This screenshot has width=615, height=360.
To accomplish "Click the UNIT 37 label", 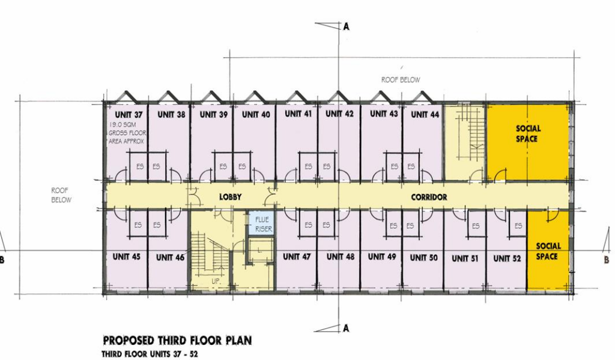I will [x=129, y=115].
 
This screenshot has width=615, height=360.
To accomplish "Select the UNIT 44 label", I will [x=425, y=114].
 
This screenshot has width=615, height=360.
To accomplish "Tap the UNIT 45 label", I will [x=126, y=257].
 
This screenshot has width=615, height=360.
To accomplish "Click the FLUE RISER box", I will [x=261, y=224].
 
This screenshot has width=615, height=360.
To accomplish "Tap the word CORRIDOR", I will [x=429, y=197].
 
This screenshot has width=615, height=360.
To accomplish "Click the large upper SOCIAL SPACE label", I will [x=528, y=133].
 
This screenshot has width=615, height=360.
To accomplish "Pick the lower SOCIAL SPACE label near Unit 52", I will [x=547, y=251].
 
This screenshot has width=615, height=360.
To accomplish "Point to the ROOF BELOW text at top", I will [x=401, y=79].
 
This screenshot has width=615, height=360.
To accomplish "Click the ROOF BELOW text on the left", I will [x=61, y=194].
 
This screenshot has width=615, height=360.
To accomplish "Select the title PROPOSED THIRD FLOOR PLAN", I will [x=177, y=341].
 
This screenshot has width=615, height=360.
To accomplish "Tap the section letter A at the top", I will [x=346, y=26].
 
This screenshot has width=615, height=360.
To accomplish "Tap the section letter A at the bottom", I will [x=346, y=328].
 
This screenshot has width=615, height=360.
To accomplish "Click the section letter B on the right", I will [x=606, y=260].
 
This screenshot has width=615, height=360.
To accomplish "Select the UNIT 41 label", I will [x=297, y=114].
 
